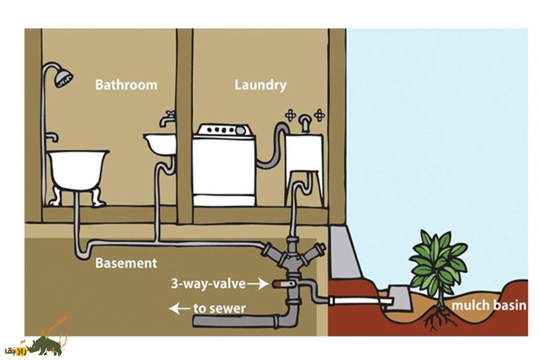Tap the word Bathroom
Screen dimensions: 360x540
pyautogui.click(x=126, y=85)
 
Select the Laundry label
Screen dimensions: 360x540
pyautogui.click(x=260, y=85)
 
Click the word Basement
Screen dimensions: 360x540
pyautogui.click(x=126, y=263)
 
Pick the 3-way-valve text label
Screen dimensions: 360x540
pyautogui.click(x=208, y=284)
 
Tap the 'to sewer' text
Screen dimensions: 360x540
pyautogui.click(x=219, y=309)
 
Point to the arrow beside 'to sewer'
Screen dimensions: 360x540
pyautogui.click(x=179, y=309)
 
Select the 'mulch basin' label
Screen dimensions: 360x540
pyautogui.click(x=489, y=306)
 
